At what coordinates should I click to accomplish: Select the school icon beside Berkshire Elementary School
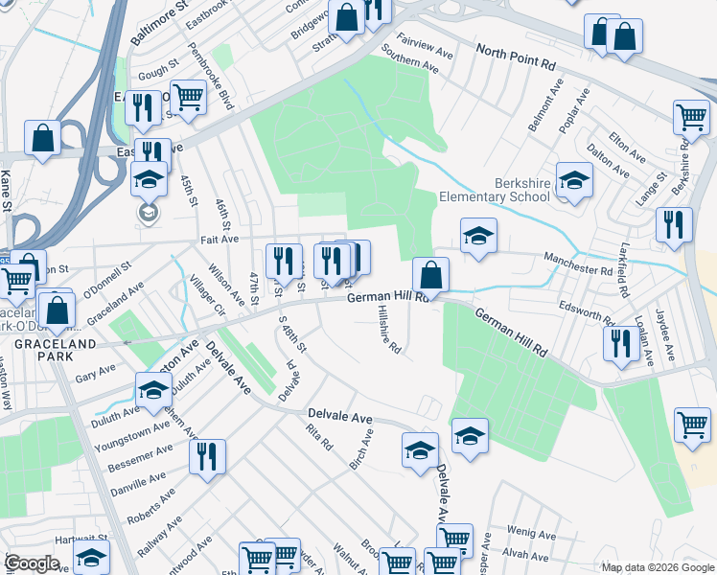[574, 181]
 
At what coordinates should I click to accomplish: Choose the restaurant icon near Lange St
[674, 224]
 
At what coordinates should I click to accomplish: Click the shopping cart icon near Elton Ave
[691, 118]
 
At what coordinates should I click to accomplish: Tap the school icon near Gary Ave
[153, 389]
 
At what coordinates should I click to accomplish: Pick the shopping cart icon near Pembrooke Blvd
[188, 97]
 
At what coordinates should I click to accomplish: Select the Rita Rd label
[318, 437]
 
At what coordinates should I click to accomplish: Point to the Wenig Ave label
[533, 533]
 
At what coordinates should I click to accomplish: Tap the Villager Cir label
[206, 298]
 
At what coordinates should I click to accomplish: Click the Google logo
[32, 563]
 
